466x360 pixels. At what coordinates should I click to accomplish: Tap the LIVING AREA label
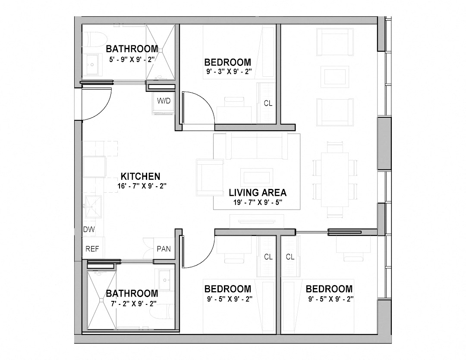(258, 193)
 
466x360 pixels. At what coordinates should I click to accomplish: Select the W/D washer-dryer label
(164, 101)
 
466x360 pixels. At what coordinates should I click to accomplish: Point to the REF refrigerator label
(92, 249)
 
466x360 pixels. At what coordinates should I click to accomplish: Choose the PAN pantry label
(164, 249)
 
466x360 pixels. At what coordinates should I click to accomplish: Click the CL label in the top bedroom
(268, 103)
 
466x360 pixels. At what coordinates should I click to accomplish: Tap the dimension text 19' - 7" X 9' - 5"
(258, 202)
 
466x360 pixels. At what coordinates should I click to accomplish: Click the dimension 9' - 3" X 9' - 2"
(227, 71)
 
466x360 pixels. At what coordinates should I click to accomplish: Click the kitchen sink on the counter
(92, 207)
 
